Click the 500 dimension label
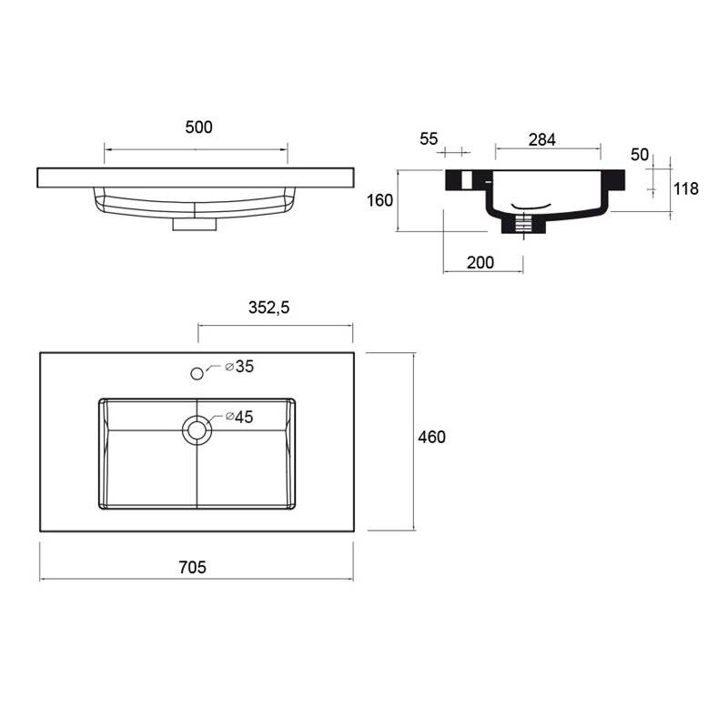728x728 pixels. point(198,127)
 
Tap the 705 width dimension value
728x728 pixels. point(192,567)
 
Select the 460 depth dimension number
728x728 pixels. point(431,437)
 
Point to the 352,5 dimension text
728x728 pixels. point(268,308)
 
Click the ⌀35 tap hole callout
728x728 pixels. point(239,367)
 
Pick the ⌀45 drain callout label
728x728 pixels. point(239,417)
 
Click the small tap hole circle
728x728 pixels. point(197,373)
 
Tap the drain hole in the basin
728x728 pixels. point(197,430)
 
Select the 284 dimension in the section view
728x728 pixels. point(542,139)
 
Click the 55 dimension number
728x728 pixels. point(429,139)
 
